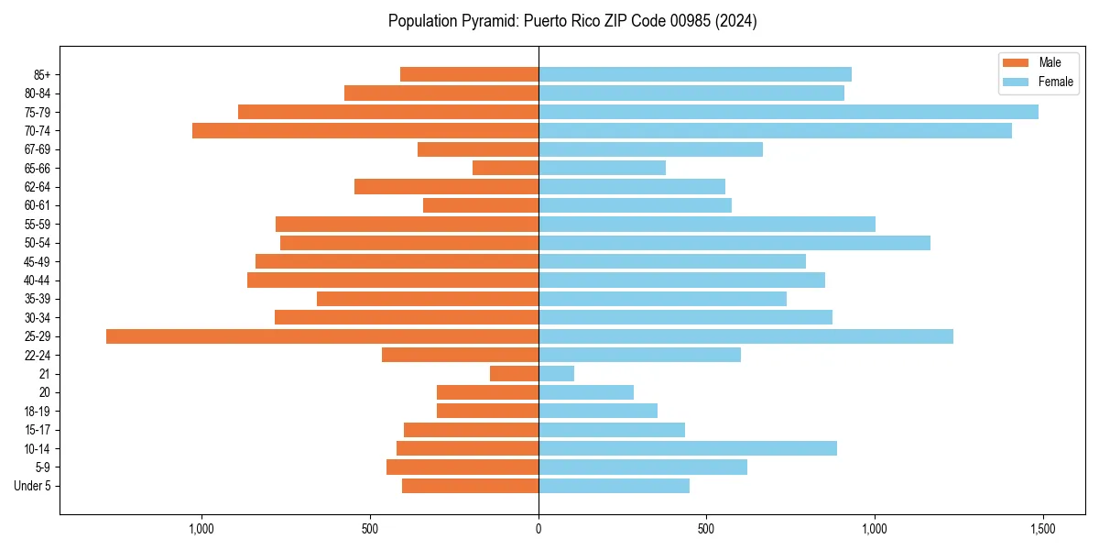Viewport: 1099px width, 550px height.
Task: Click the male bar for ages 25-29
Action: click(322, 336)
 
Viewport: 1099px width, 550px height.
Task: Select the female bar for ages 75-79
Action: click(789, 112)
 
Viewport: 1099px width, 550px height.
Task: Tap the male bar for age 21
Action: click(514, 374)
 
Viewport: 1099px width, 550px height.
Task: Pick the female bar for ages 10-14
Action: click(688, 448)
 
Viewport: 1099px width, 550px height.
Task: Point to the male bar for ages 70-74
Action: click(365, 131)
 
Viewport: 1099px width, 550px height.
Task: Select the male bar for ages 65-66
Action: click(506, 168)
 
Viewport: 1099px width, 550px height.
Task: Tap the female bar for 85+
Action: click(695, 74)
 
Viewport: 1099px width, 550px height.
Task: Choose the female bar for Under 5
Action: click(614, 486)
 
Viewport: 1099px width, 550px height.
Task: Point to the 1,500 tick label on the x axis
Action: click(1042, 530)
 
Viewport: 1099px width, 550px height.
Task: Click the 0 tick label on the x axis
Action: click(539, 530)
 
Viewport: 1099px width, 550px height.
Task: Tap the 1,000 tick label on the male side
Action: click(201, 530)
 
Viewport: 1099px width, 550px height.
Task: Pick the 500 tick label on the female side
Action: click(706, 530)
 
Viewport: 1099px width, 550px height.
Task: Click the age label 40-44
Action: click(37, 280)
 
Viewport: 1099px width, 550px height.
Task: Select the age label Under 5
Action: click(32, 486)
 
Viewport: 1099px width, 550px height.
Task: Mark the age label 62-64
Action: click(37, 187)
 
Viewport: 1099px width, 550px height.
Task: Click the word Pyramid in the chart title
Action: click(488, 21)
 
